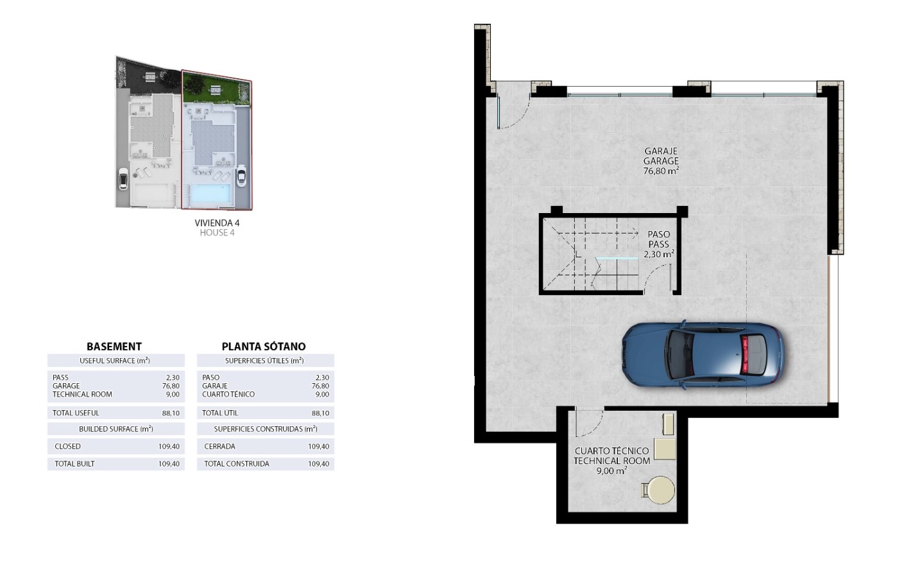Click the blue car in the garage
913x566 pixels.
pyautogui.click(x=703, y=354)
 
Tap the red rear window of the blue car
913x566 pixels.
pyautogui.click(x=746, y=354)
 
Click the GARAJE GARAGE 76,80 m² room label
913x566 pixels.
pyautogui.click(x=661, y=161)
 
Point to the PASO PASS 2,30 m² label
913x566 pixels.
pyautogui.click(x=659, y=244)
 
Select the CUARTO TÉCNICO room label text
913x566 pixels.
pyautogui.click(x=611, y=451)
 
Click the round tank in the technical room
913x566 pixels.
pyautogui.click(x=660, y=490)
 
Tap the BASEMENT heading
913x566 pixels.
pyautogui.click(x=114, y=347)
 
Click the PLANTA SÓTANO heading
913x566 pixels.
pyautogui.click(x=264, y=346)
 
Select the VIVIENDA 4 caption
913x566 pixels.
pyautogui.click(x=217, y=223)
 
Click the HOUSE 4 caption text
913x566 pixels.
pyautogui.click(x=217, y=233)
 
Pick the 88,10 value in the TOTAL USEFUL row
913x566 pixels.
pyautogui.click(x=171, y=413)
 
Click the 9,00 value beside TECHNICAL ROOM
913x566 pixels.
pyautogui.click(x=173, y=394)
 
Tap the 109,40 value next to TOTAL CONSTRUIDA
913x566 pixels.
pyautogui.click(x=319, y=464)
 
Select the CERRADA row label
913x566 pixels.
pyautogui.click(x=219, y=447)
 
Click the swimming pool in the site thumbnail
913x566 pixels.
pyautogui.click(x=210, y=194)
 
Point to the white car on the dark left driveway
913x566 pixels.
pyautogui.click(x=123, y=179)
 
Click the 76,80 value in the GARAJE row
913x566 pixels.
pyautogui.click(x=320, y=386)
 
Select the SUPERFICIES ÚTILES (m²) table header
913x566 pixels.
pyautogui.click(x=264, y=361)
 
